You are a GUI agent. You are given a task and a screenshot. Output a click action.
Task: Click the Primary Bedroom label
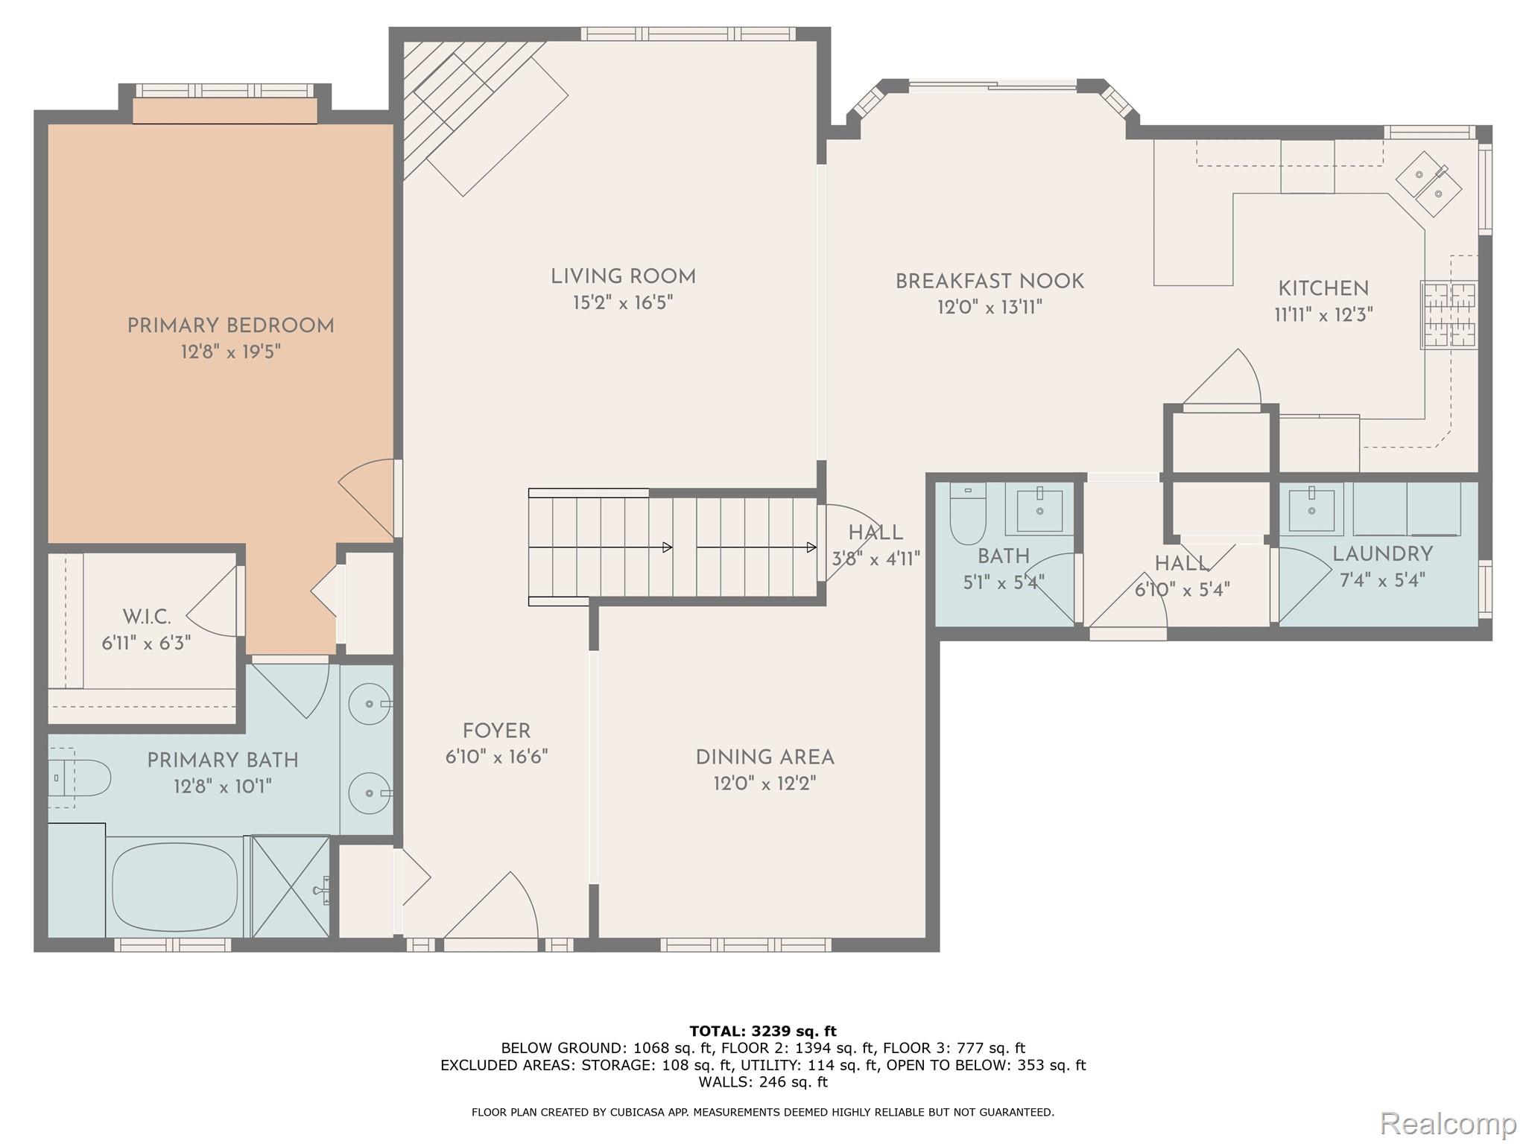(230, 325)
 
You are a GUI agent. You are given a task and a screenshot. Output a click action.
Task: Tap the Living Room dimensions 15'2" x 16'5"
(623, 303)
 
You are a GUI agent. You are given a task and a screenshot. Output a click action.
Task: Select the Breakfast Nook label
(989, 282)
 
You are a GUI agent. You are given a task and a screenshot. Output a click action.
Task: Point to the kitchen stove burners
(1449, 314)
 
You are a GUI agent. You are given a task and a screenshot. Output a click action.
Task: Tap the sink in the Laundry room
(1311, 510)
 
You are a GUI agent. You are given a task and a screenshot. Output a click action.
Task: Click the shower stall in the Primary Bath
(291, 886)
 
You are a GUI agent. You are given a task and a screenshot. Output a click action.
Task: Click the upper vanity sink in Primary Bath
(370, 703)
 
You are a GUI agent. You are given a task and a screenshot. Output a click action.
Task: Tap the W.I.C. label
(147, 617)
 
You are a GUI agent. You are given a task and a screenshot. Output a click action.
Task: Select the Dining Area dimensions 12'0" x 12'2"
(764, 784)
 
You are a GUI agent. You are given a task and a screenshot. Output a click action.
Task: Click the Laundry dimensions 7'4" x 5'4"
(1382, 580)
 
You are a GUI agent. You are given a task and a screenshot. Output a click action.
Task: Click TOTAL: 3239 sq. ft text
(763, 1032)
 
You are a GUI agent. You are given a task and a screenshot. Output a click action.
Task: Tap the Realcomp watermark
(1448, 1122)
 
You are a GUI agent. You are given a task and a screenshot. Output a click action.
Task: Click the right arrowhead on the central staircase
(811, 547)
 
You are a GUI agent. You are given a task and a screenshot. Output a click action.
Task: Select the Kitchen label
(1323, 289)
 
